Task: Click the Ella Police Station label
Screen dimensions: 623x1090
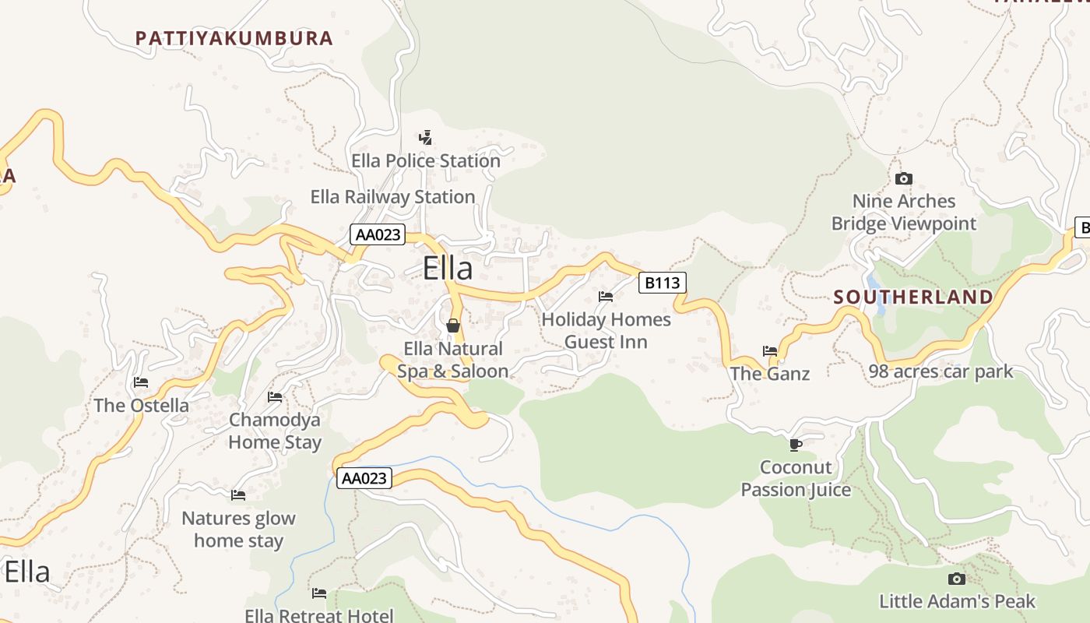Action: coord(426,161)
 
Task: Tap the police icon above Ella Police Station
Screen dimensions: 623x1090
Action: coord(425,139)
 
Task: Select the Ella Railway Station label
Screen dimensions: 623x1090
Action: coord(392,197)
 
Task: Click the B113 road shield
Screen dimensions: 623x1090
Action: coord(663,283)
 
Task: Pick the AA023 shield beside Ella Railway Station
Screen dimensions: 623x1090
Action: coord(378,234)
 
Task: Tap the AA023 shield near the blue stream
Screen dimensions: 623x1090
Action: coord(364,478)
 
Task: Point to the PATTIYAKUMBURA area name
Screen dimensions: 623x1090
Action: coord(234,38)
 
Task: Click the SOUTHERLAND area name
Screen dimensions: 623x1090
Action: coord(913,297)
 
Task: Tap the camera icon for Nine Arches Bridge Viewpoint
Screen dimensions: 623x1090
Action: coord(903,179)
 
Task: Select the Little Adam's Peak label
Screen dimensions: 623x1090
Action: coord(957,601)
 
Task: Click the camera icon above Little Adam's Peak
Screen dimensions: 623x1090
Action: coord(957,579)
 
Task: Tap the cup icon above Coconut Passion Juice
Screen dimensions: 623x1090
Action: coord(795,445)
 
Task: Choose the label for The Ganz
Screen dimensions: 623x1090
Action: coord(769,374)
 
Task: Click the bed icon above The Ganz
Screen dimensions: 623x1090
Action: coord(770,351)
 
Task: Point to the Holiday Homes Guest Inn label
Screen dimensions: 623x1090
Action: coord(606,330)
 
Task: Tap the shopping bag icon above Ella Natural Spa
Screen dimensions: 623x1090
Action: coord(452,326)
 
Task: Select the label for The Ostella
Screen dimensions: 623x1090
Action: coord(141,405)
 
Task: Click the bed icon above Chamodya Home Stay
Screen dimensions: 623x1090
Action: coord(275,397)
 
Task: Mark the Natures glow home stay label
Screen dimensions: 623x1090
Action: coord(238,530)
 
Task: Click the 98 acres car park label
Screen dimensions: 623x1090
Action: coord(941,371)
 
